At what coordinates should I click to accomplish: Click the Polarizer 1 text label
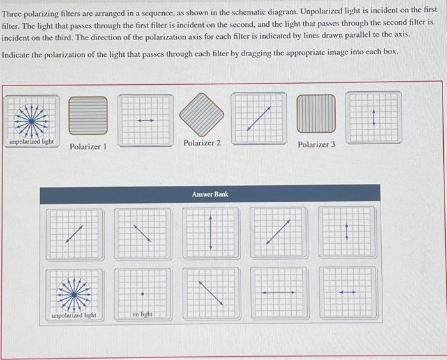pos(88,147)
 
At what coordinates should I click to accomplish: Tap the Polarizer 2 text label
pos(202,143)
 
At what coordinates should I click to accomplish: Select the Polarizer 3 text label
pos(316,145)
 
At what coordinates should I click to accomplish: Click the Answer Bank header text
pos(210,194)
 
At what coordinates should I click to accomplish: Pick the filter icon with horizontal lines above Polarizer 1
pos(88,116)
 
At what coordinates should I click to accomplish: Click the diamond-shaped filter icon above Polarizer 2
pos(201,115)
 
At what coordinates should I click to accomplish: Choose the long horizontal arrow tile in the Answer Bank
pos(278,293)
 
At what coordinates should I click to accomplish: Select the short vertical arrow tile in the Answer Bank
pos(346,232)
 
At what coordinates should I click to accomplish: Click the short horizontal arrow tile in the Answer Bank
pos(346,293)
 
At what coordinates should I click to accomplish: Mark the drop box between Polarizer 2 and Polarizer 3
pos(259,118)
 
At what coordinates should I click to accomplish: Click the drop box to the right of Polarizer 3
pos(374,118)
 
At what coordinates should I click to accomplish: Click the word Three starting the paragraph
pos(13,10)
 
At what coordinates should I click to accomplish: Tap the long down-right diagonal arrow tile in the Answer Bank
pos(210,293)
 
